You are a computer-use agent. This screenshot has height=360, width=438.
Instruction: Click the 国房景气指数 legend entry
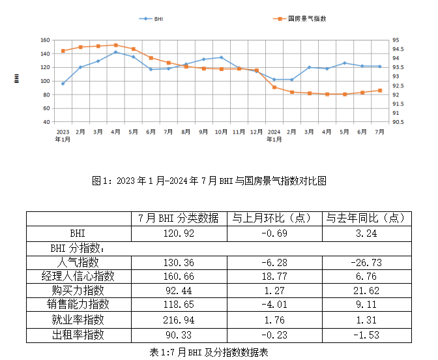(x=300, y=19)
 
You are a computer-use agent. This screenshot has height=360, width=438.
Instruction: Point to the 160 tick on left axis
(x=44, y=40)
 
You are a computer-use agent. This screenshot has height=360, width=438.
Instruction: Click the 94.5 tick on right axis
(x=398, y=49)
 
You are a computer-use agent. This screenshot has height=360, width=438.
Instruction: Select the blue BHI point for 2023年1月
(x=63, y=83)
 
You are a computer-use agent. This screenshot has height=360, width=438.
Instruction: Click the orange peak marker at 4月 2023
(x=115, y=45)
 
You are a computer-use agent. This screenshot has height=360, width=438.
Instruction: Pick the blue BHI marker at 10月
(x=221, y=57)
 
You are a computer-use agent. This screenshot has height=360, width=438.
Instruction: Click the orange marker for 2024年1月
(x=274, y=87)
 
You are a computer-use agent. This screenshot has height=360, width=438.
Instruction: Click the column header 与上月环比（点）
(x=273, y=218)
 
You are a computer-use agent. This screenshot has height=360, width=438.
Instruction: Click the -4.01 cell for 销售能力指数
(x=273, y=305)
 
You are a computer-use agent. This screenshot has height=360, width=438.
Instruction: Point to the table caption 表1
(x=209, y=352)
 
